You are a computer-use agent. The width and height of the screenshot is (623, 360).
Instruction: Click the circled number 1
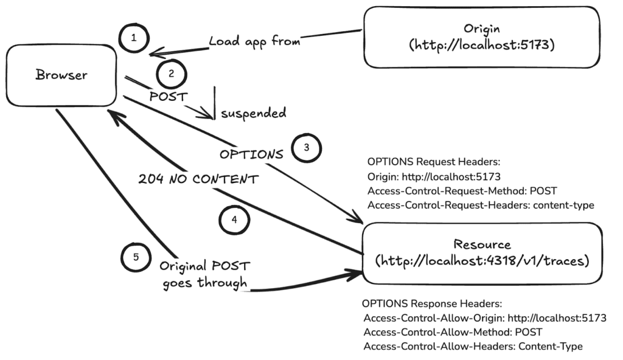tap(134, 38)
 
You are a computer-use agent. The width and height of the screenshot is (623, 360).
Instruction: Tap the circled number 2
tap(171, 74)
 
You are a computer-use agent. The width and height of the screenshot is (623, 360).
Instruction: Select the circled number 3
tap(307, 148)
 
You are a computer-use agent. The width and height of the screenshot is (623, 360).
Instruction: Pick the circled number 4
tap(234, 220)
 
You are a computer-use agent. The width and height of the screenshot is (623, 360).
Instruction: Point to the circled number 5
tap(136, 257)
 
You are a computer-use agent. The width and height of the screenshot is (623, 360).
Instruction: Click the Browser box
tap(61, 75)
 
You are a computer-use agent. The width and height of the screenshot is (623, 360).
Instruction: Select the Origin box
tap(482, 37)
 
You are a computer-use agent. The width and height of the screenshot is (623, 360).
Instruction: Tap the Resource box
tap(482, 253)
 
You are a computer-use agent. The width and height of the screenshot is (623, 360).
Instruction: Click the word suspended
tap(254, 113)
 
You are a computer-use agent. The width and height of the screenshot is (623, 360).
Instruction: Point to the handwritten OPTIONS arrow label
tap(251, 154)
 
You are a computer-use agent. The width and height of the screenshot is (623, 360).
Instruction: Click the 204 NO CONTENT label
tap(198, 179)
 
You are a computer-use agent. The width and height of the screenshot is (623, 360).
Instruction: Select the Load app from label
tap(255, 41)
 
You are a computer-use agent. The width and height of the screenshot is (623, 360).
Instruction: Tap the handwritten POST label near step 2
tap(169, 97)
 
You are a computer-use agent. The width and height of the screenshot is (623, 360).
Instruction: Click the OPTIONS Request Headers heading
tap(433, 162)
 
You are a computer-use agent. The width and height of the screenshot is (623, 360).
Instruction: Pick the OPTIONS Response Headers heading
tap(432, 303)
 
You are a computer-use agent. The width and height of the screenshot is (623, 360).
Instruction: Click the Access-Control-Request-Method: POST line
tap(462, 191)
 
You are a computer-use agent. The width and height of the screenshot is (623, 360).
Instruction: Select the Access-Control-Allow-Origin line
tap(485, 318)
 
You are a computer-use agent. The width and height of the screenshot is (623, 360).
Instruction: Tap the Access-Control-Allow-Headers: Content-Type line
tap(473, 346)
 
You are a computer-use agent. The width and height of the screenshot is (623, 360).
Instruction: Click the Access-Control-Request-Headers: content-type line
tap(481, 205)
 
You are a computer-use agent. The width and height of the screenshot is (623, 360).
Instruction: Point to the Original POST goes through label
tap(205, 275)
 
